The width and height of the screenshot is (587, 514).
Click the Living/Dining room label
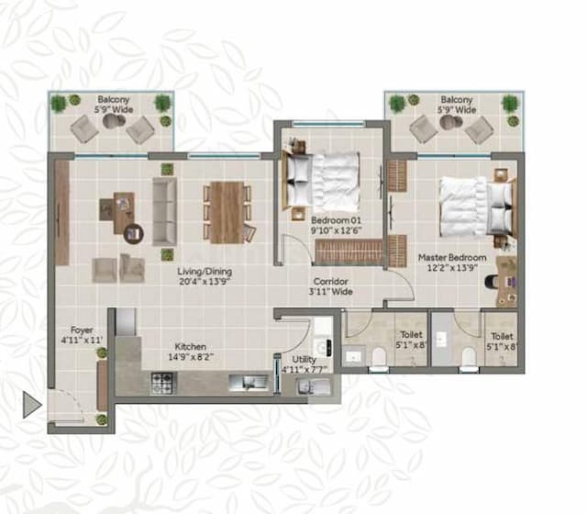tap(205, 272)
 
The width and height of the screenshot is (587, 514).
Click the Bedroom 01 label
tap(331, 221)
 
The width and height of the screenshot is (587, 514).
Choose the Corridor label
tap(331, 282)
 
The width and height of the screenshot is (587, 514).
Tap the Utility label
tap(304, 359)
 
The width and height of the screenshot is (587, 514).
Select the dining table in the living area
tap(225, 212)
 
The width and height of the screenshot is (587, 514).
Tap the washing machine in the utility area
tap(322, 330)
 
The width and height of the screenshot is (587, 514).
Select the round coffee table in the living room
tap(133, 233)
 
